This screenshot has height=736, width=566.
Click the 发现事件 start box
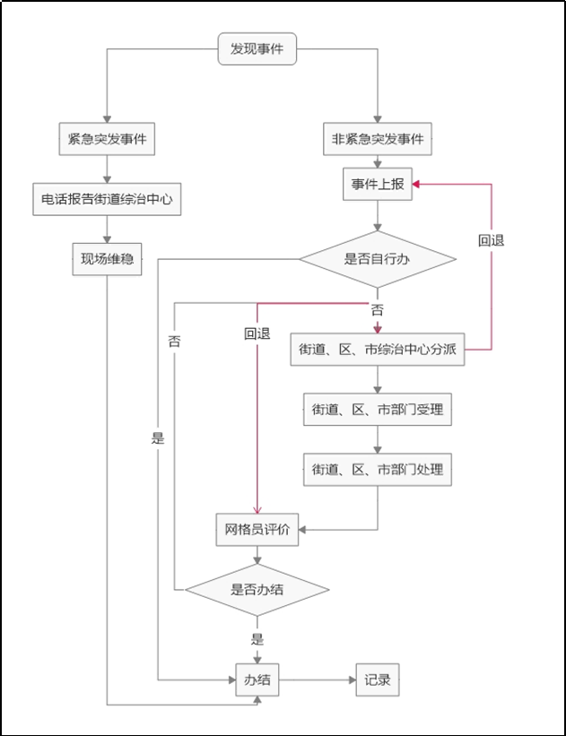[257, 49]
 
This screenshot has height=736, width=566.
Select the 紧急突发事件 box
[107, 139]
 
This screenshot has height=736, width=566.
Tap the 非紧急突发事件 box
[378, 139]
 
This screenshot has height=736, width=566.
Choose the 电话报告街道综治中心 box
[107, 200]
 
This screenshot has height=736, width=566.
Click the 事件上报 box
[378, 185]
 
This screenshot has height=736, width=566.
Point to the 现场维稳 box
[107, 258]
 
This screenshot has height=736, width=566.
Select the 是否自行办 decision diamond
[378, 260]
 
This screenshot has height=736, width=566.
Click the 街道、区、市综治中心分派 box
[378, 350]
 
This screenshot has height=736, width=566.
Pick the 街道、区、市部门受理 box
[378, 410]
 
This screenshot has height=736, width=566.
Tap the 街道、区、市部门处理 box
[378, 469]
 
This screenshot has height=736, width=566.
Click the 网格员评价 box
[257, 529]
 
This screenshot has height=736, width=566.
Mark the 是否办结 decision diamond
[257, 589]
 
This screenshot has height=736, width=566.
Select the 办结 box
[257, 680]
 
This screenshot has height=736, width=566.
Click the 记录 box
[378, 680]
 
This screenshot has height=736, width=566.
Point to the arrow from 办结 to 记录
[318, 680]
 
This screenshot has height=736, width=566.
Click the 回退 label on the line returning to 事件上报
[492, 241]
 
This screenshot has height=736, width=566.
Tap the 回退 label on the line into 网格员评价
[257, 333]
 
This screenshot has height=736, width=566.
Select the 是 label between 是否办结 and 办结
[257, 639]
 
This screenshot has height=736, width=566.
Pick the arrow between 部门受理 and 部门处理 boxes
[378, 439]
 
